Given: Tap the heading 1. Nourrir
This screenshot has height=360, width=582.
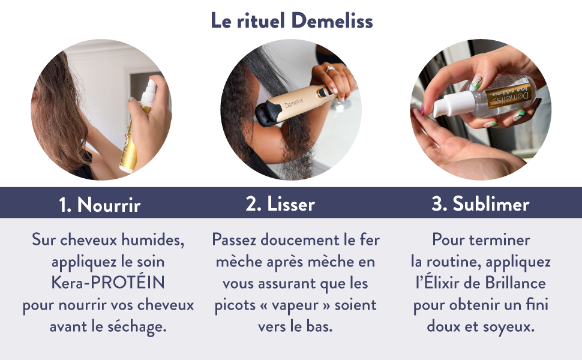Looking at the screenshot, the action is tap(100, 205).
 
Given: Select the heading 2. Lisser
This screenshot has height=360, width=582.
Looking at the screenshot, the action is tap(280, 204).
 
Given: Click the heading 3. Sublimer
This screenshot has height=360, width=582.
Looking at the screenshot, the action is tap(480, 204).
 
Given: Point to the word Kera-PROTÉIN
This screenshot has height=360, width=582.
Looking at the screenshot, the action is tap(108, 283).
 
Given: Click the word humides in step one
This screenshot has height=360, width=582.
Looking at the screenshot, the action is tap(152, 240).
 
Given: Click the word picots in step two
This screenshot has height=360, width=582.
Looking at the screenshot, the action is tap(235, 305).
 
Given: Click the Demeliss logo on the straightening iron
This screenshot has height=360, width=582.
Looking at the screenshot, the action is tap(294, 103).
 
